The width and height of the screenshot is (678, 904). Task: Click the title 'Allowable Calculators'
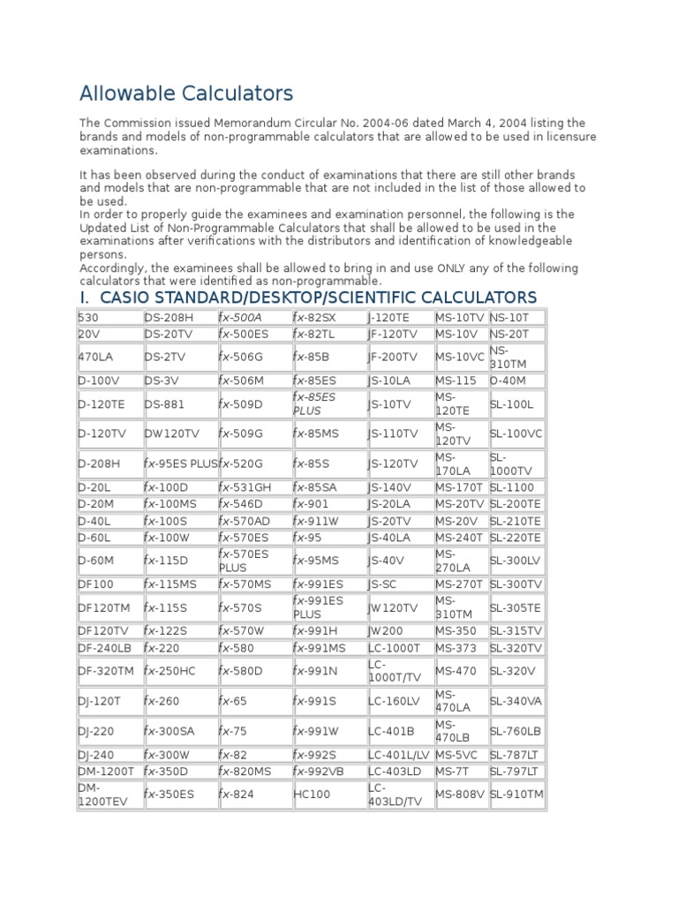coord(186,93)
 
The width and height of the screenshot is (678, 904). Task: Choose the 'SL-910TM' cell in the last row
coord(517,794)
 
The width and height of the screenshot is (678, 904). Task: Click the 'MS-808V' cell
coord(460,794)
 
